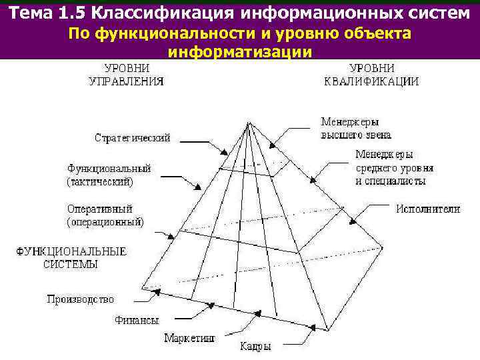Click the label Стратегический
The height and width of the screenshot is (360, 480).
(x=132, y=138)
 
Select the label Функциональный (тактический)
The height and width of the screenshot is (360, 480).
(x=109, y=175)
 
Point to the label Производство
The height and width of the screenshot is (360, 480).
(x=80, y=299)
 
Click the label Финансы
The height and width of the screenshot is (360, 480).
(x=137, y=320)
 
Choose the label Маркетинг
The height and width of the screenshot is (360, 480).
(x=190, y=338)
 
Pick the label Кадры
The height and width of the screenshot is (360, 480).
(x=256, y=347)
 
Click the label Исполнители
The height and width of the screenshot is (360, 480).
(x=428, y=209)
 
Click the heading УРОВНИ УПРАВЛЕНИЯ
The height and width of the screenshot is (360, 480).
(x=127, y=75)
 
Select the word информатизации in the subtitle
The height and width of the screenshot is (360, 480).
(x=240, y=52)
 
